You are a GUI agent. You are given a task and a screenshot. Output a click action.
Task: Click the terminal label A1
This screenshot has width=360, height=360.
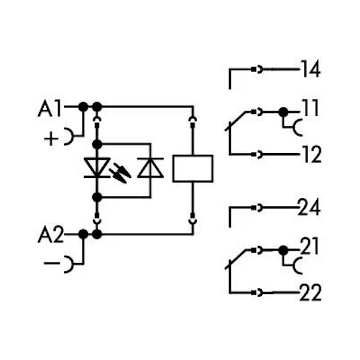click(x=50, y=109)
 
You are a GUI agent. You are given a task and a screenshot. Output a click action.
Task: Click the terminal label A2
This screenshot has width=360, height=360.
click(x=51, y=234)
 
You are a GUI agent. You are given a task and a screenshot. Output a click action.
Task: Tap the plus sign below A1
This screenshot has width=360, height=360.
click(x=51, y=139)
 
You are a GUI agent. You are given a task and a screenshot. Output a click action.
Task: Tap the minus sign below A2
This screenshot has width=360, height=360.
click(x=52, y=263)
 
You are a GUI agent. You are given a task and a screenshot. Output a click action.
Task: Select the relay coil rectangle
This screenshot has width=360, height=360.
click(x=193, y=169)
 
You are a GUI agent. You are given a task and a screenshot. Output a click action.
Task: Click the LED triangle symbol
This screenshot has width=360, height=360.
click(x=97, y=168)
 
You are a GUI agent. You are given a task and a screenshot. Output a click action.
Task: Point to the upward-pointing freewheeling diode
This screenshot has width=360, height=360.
click(x=151, y=168)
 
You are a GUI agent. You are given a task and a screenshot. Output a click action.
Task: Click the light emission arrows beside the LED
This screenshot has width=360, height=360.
click(x=120, y=173)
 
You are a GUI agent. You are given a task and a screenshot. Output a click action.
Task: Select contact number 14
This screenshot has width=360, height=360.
click(x=311, y=69)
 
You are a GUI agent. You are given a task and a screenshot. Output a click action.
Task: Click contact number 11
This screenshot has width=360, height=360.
click(x=311, y=108)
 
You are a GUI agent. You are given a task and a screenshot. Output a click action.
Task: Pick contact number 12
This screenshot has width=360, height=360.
click(x=312, y=154)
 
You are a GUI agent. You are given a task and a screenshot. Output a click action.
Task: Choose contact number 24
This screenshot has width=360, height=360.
click(x=309, y=207)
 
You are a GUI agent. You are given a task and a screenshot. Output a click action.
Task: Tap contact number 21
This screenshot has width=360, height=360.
click(x=310, y=246)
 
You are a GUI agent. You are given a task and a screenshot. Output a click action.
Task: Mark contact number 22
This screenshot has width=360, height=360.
click(x=310, y=293)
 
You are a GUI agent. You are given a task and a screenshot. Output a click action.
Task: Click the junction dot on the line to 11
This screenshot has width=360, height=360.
click(x=283, y=113)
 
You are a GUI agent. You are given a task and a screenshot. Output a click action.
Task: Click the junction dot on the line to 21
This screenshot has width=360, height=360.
click(x=283, y=251)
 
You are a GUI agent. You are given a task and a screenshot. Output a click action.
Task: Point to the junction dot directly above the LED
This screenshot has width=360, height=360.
click(x=97, y=145)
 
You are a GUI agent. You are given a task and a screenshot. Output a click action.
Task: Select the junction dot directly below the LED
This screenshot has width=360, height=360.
click(x=97, y=198)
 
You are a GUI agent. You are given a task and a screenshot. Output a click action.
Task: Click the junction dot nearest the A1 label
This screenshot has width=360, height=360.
click(x=83, y=107)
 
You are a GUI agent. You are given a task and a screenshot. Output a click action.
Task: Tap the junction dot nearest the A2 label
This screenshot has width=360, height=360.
click(x=83, y=234)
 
